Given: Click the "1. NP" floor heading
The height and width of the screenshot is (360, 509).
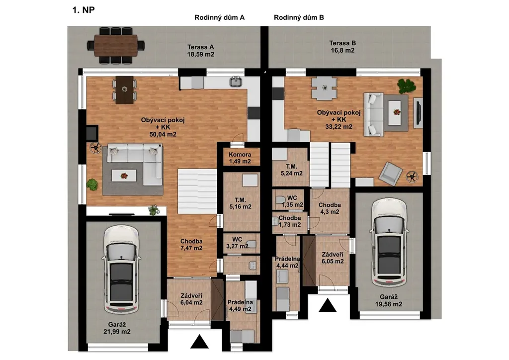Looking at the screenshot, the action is (84, 10).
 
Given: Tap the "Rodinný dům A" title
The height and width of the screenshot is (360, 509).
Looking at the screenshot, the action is (219, 17).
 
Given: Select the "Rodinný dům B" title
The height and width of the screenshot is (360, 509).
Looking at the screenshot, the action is (299, 17).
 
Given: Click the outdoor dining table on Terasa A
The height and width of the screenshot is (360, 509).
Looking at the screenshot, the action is (116, 45).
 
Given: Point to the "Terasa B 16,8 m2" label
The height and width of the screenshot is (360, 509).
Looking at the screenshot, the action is (342, 47).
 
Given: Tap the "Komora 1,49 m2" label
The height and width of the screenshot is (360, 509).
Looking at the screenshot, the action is (240, 158).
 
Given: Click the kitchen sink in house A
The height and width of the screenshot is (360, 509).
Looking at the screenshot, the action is (236, 82).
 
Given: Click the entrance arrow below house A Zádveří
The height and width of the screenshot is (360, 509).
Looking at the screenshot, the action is (199, 342).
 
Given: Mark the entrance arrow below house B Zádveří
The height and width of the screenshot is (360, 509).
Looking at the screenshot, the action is (327, 305).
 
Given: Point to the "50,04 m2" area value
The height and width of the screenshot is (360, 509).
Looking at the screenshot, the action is (163, 134).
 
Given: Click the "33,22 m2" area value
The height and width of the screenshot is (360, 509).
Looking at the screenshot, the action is (339, 127).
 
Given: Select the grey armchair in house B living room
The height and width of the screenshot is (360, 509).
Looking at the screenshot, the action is (391, 174).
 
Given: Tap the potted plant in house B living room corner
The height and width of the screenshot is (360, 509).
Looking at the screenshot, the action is (407, 86).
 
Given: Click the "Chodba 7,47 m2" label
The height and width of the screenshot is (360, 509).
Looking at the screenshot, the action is (191, 245).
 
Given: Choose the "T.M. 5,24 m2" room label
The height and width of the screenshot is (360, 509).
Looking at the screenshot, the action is (291, 170).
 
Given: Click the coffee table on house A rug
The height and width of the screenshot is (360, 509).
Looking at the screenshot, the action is (124, 176).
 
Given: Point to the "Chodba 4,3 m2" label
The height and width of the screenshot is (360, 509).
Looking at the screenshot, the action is (330, 208).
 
